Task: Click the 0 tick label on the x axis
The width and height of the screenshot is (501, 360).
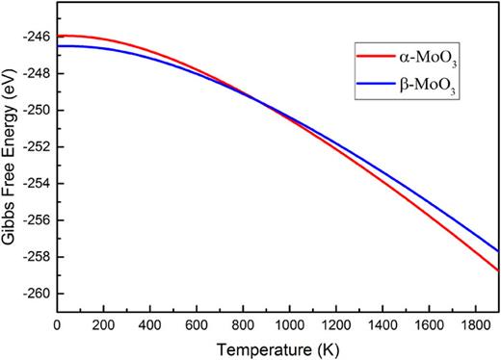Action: pos(57,325)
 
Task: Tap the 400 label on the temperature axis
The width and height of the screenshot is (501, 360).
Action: pos(150,325)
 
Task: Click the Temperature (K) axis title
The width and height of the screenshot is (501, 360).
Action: pos(277,347)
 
